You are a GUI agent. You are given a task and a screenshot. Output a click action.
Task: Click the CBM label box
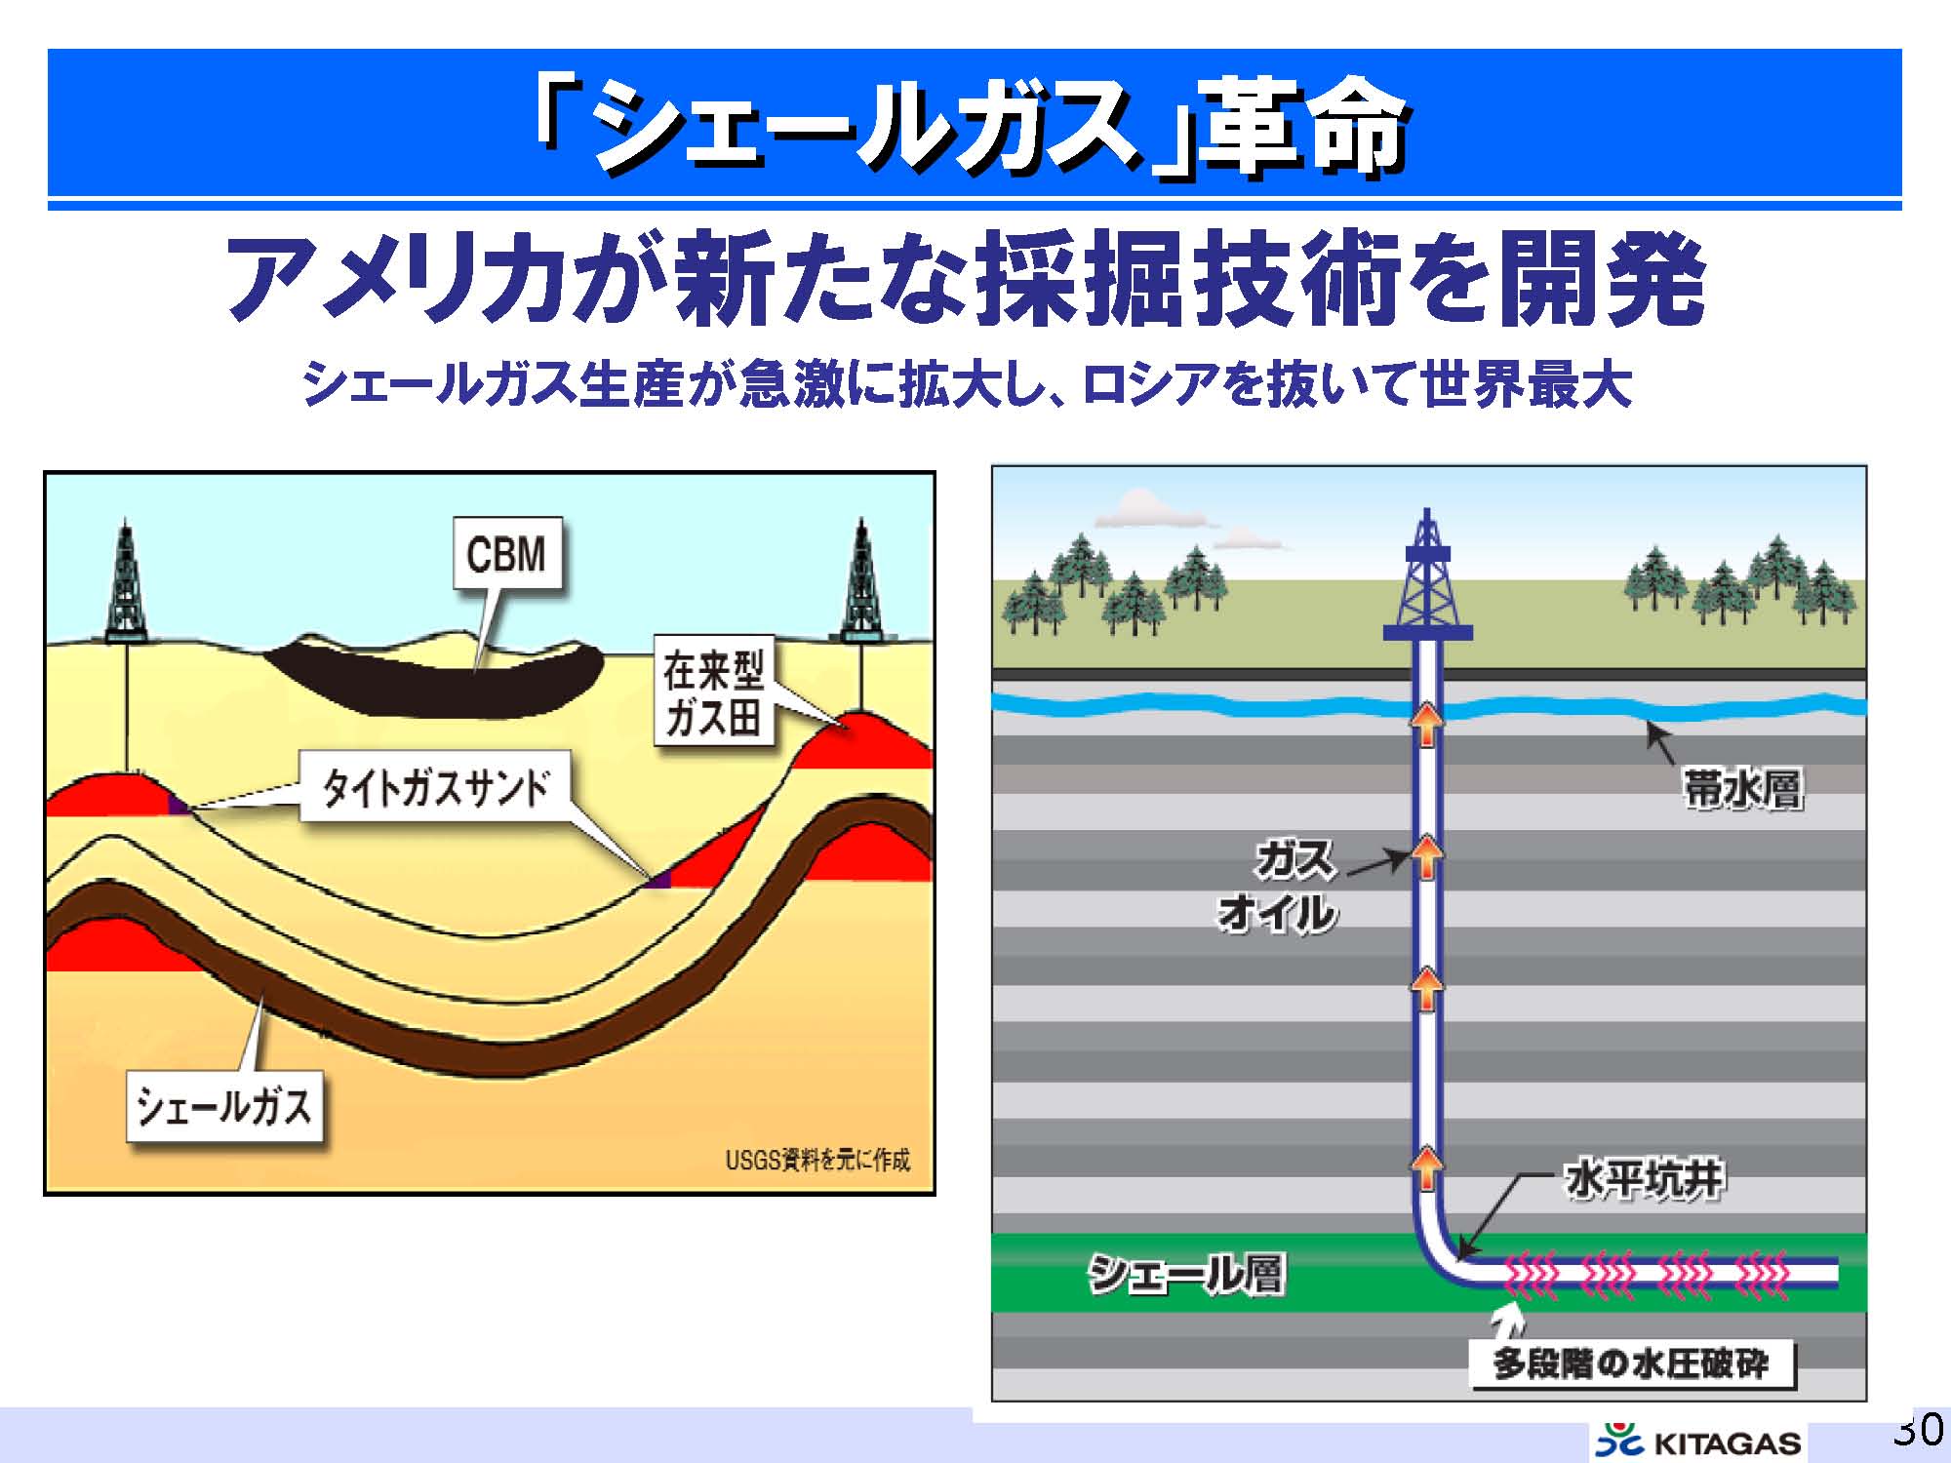(x=507, y=553)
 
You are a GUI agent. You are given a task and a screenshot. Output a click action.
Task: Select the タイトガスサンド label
(x=436, y=787)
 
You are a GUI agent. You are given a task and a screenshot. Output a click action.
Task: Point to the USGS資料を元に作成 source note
(x=817, y=1160)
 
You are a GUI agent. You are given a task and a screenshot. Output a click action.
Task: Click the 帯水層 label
(x=1742, y=788)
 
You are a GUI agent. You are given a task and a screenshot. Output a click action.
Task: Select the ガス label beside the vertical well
(x=1294, y=860)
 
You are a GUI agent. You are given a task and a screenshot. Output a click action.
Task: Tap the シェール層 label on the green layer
(x=1185, y=1273)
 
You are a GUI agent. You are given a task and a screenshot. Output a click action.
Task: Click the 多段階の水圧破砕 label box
(x=1631, y=1363)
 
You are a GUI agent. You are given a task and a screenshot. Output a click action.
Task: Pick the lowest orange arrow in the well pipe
(x=1427, y=1167)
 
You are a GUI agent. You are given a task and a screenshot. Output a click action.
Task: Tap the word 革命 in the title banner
(x=1302, y=129)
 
